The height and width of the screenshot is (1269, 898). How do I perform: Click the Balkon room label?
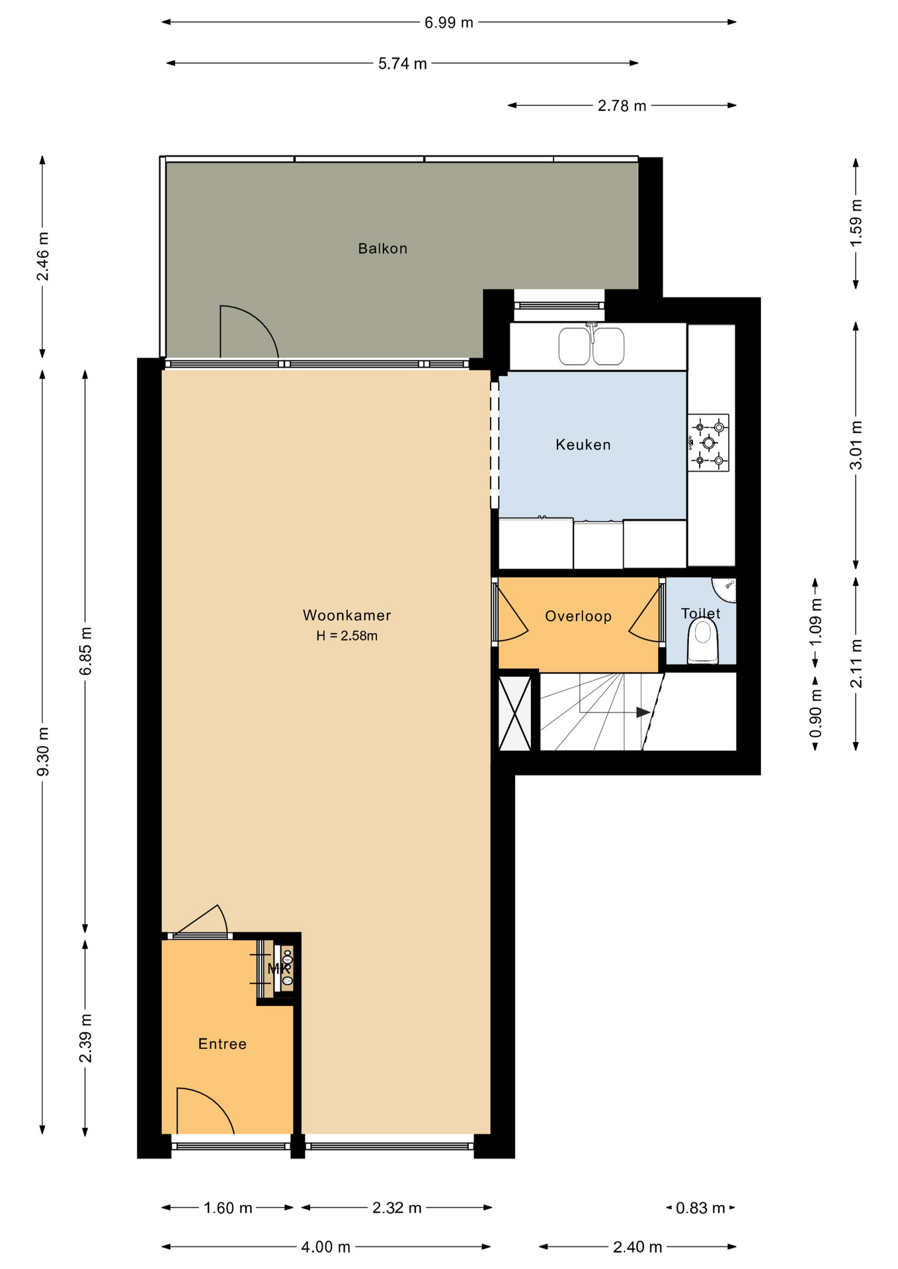[x=382, y=249]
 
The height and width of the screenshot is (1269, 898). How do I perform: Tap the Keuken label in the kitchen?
[x=583, y=445]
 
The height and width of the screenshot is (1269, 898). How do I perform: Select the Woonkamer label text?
[x=347, y=615]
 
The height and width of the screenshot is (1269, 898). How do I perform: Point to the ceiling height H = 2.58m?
[x=347, y=636]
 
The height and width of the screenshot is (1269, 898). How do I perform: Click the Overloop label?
[x=578, y=617]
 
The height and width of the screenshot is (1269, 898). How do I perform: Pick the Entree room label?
[x=222, y=1044]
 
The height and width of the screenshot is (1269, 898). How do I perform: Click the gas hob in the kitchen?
[x=708, y=443]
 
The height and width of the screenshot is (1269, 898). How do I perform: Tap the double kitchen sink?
[x=591, y=345]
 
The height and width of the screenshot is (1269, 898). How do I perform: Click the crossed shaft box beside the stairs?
[x=514, y=712]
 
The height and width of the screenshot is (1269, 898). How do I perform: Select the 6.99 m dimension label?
[x=449, y=22]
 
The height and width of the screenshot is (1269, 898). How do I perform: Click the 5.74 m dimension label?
[x=403, y=63]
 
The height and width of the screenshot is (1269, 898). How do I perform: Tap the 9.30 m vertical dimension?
[x=43, y=751]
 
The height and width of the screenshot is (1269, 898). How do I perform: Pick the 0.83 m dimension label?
[x=700, y=1209]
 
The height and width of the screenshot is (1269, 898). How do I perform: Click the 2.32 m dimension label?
[x=397, y=1208]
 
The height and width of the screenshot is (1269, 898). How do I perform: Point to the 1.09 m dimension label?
[x=815, y=622]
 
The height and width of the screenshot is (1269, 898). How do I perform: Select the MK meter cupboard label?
[x=279, y=969]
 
